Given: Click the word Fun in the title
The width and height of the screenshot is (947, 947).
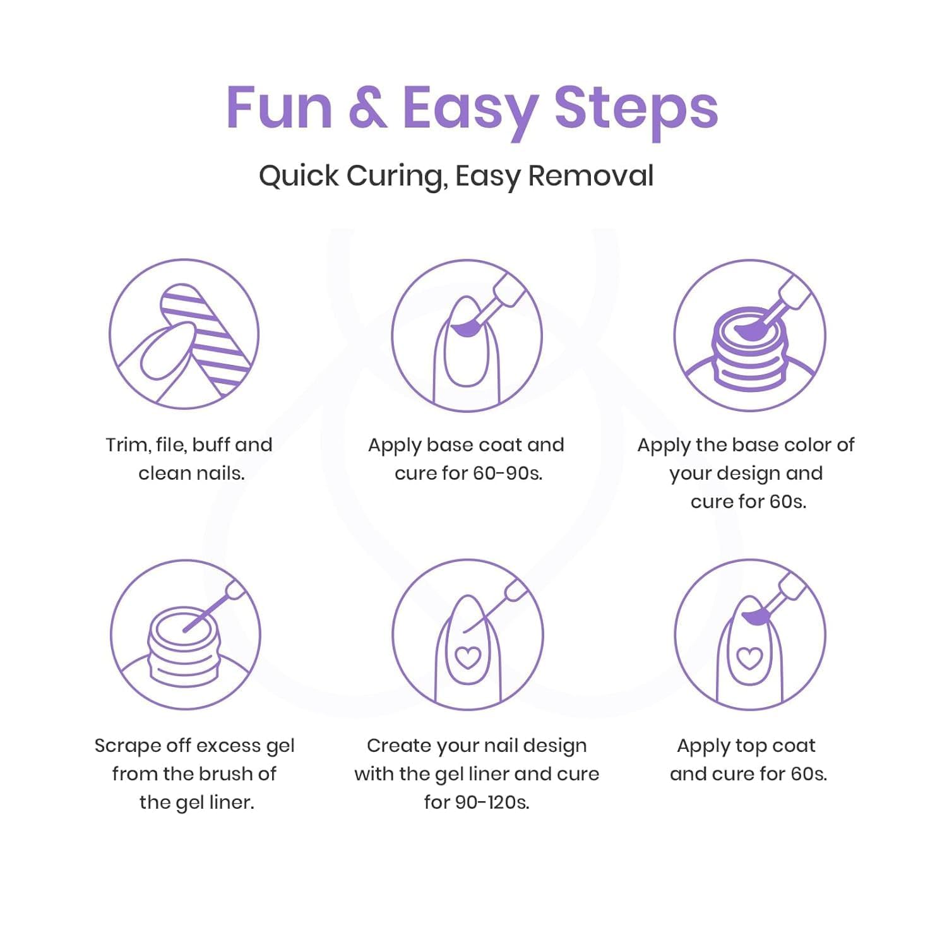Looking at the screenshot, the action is click(x=279, y=108).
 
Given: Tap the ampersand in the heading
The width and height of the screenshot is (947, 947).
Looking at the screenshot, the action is click(x=367, y=108).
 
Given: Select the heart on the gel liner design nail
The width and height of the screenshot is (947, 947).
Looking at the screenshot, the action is click(x=468, y=657).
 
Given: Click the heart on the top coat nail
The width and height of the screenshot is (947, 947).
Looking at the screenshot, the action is click(x=750, y=657).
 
